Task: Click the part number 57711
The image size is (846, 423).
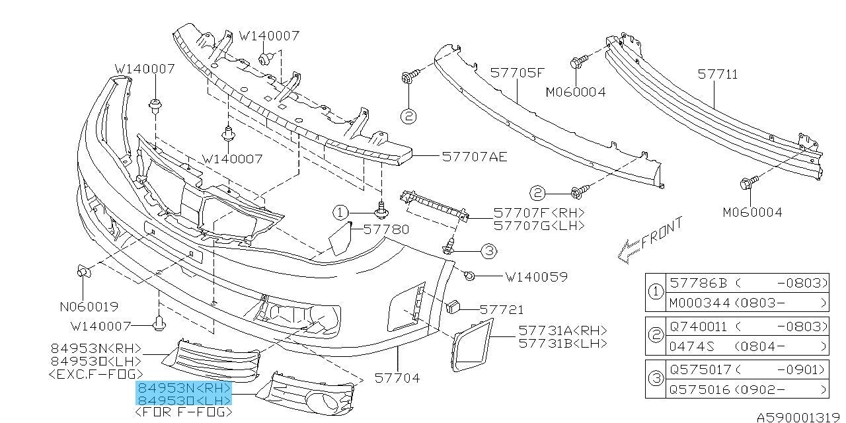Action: [718, 75]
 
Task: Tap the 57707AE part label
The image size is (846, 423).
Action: [475, 157]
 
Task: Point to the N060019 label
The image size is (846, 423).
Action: [89, 307]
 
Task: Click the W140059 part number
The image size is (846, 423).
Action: [536, 277]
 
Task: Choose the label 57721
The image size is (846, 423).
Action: [502, 309]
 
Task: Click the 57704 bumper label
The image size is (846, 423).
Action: [397, 379]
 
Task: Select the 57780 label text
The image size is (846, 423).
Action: [387, 229]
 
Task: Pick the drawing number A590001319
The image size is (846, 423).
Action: [799, 417]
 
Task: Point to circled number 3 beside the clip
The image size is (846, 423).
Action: [488, 250]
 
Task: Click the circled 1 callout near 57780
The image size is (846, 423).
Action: [340, 212]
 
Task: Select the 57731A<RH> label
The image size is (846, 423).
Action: [562, 330]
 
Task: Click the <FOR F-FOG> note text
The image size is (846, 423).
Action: [183, 412]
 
